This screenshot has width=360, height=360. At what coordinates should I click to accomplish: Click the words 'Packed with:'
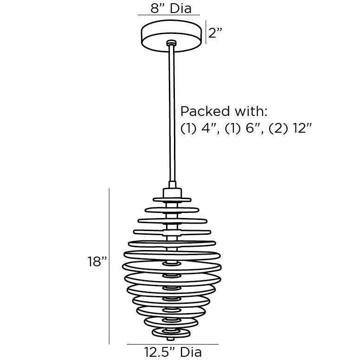click(218, 111)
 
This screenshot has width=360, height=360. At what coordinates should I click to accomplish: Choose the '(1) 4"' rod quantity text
click(199, 128)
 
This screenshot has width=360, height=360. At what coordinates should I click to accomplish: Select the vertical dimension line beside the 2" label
click(206, 32)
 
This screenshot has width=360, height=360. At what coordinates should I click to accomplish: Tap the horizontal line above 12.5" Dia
click(172, 344)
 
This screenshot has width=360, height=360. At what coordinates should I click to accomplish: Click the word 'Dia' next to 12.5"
click(191, 353)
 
